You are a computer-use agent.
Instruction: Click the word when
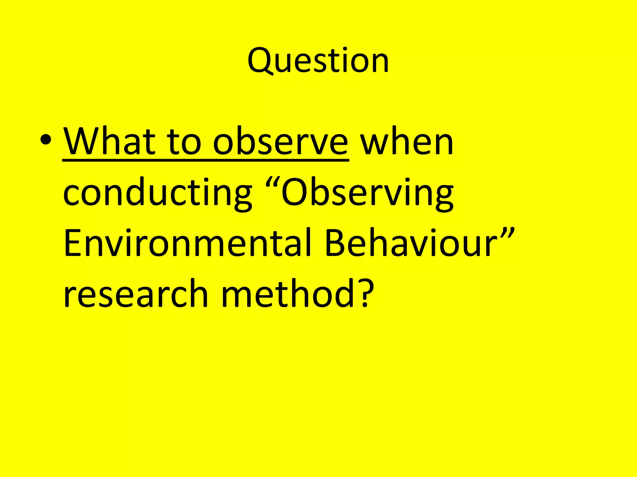[407, 142]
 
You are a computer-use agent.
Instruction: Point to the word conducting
[157, 193]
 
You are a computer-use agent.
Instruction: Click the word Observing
[367, 193]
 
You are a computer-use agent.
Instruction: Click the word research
[136, 294]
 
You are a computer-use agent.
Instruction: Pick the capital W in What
[81, 142]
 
